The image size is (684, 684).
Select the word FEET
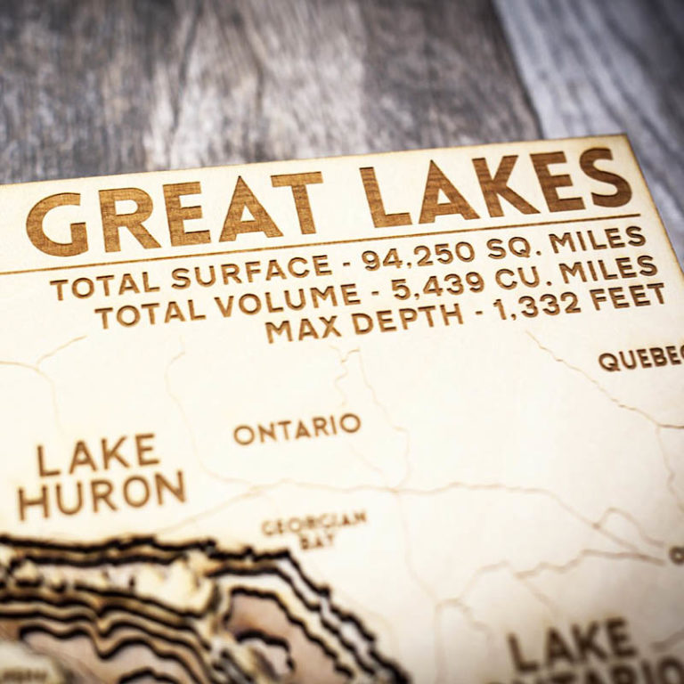(x=628, y=297)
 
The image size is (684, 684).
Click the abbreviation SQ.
(x=509, y=247)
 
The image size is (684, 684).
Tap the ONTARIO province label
(x=297, y=429)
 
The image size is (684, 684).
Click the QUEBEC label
(x=640, y=359)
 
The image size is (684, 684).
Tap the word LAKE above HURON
(x=98, y=456)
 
